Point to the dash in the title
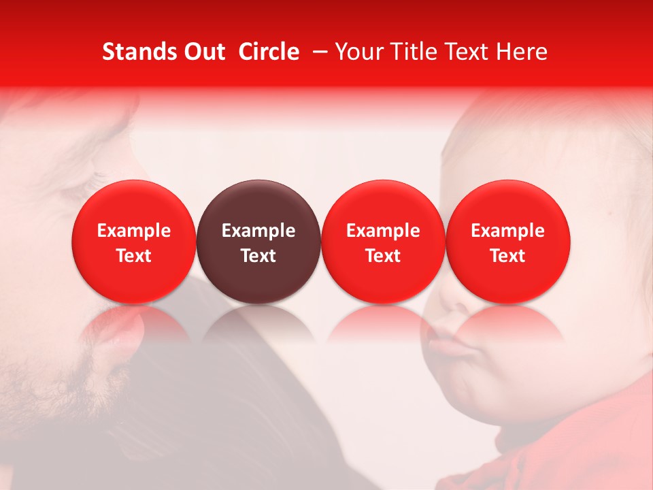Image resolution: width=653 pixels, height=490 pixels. [x=317, y=52]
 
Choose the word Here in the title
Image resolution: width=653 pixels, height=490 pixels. [x=521, y=52]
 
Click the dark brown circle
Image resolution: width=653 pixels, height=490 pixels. [x=258, y=242]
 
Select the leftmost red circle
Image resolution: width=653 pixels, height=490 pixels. [x=133, y=242]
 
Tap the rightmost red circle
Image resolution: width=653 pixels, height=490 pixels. [x=508, y=242]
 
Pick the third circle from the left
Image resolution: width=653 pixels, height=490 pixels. [x=383, y=242]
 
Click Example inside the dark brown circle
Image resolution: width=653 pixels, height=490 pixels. [x=258, y=231]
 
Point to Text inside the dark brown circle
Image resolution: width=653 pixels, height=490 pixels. [x=258, y=256]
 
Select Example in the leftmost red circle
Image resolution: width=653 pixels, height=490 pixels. [x=133, y=231]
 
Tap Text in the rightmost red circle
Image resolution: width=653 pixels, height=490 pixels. [x=508, y=256]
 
